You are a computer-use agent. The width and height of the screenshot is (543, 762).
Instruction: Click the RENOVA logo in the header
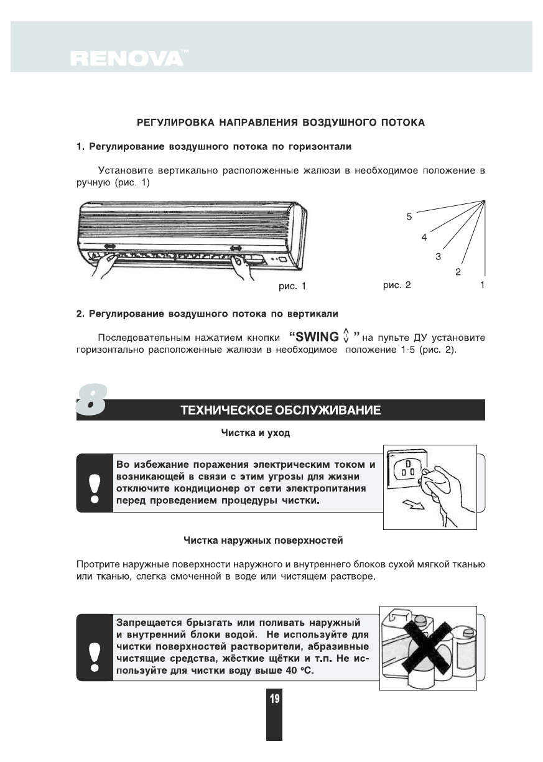click(127, 58)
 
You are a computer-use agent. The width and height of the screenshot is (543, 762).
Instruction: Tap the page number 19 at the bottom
click(274, 699)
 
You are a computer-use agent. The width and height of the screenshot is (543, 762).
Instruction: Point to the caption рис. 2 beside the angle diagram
click(397, 286)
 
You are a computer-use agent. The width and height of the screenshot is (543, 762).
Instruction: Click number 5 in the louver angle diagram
click(409, 217)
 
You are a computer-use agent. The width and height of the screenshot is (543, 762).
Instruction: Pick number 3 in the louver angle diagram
click(438, 256)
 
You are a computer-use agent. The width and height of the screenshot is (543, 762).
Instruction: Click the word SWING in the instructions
click(317, 338)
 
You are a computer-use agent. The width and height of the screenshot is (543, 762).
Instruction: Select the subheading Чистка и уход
click(256, 432)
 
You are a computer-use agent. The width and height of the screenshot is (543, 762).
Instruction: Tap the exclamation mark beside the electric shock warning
click(94, 488)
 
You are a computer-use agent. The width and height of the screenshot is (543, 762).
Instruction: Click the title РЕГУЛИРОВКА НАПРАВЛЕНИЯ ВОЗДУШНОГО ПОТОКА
click(281, 123)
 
